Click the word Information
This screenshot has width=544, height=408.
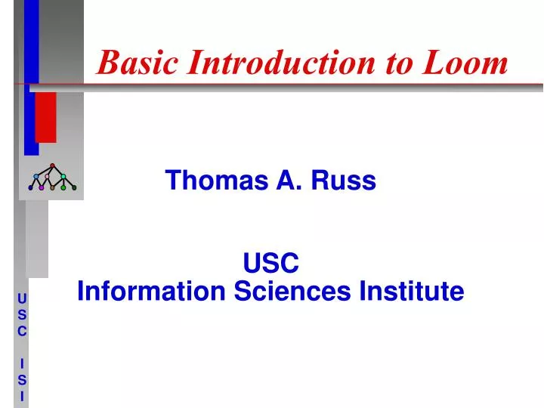coord(151,291)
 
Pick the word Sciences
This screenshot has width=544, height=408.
coord(292,291)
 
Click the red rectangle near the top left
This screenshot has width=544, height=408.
coord(46,117)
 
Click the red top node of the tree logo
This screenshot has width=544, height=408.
coord(52,165)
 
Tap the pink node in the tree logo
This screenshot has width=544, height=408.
coord(47,176)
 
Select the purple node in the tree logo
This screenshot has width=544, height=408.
coord(42,187)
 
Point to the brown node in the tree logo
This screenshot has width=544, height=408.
coord(52,187)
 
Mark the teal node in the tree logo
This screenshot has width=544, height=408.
coord(63,176)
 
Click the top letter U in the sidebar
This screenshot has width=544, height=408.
coord(22,298)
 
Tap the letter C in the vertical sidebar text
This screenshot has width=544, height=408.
coord(22,331)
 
